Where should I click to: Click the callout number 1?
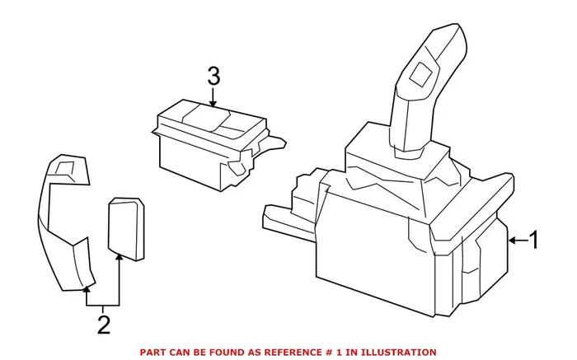[533, 241]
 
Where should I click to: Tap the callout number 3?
[213, 77]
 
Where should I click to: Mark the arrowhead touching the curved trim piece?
[86, 289]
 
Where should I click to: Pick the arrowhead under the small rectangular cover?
[120, 257]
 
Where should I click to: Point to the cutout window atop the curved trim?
[64, 170]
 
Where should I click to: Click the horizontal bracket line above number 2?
[103, 304]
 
